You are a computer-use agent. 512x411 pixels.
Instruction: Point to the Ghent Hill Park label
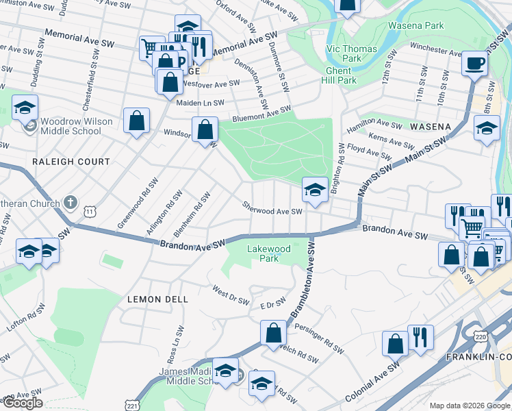click(339, 75)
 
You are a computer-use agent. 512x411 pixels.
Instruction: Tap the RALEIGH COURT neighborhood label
click(71, 162)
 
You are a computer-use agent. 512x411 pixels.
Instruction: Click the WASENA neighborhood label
click(430, 127)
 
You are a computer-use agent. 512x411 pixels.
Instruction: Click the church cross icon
click(69, 202)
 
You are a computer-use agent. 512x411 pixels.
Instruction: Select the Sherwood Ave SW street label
click(272, 208)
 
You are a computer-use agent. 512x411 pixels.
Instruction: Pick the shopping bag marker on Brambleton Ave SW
click(273, 333)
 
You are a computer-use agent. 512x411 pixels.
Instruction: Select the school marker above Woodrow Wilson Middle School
click(25, 108)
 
